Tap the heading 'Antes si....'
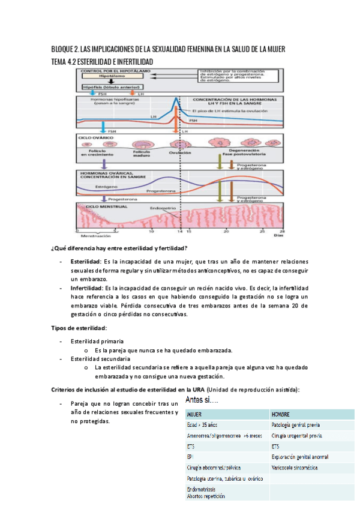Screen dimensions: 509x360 [202, 399]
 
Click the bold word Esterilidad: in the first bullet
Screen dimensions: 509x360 [85, 262]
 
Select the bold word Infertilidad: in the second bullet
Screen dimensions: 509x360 [86, 288]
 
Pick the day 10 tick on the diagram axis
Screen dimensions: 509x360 [151, 231]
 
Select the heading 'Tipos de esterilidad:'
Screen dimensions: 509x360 [79, 328]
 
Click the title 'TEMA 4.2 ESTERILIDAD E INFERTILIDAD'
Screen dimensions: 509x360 [102, 62]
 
